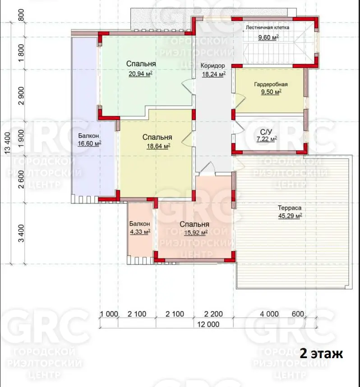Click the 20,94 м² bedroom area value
(140, 74)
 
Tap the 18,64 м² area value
(158, 146)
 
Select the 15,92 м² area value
(195, 232)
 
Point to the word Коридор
(212, 66)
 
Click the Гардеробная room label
(271, 84)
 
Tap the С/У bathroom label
(266, 132)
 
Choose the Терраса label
(290, 208)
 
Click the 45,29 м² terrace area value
(290, 216)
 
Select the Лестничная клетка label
(268, 28)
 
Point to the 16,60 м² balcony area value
(89, 143)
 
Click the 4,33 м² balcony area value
(140, 232)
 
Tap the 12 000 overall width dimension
(208, 324)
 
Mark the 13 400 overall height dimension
(8, 143)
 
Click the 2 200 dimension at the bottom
(213, 314)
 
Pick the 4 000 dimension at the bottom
(269, 314)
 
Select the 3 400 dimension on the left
(21, 233)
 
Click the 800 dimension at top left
(21, 15)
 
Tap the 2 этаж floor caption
(321, 354)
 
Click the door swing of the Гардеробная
(239, 101)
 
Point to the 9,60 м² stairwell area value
(268, 37)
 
